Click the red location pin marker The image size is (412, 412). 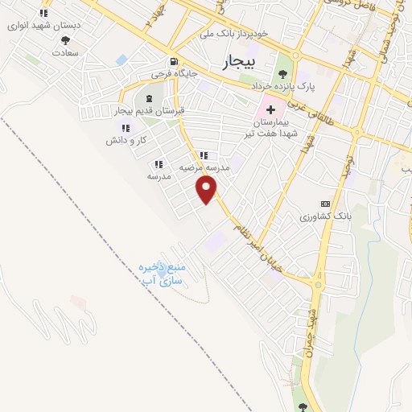[x=208, y=190]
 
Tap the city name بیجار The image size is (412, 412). [x=239, y=61]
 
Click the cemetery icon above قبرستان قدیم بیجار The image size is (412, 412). [x=149, y=98]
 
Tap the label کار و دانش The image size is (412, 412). [x=125, y=140]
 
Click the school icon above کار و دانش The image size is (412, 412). [x=125, y=128]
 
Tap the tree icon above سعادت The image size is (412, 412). [x=65, y=40]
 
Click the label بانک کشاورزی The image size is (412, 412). [x=327, y=216]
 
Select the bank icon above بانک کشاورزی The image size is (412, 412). [x=325, y=204]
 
